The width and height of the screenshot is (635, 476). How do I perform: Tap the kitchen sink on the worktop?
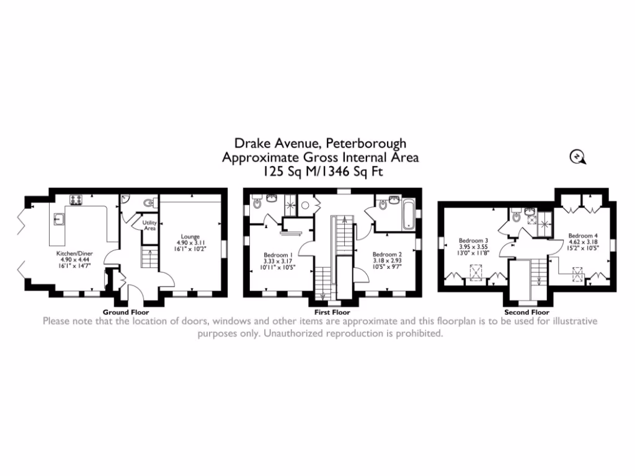click(x=59, y=218)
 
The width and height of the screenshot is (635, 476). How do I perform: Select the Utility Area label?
click(x=149, y=225)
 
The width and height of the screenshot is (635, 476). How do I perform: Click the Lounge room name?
click(x=190, y=236)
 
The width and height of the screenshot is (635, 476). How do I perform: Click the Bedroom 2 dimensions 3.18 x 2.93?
click(x=387, y=261)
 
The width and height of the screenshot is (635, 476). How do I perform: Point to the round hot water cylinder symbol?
click(x=305, y=206)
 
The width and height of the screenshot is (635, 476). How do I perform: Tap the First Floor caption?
click(x=332, y=312)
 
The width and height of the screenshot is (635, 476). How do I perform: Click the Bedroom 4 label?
click(x=584, y=236)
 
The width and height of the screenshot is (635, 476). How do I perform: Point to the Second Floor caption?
click(x=526, y=312)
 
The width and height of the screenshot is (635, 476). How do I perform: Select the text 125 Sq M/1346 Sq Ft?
click(x=321, y=172)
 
